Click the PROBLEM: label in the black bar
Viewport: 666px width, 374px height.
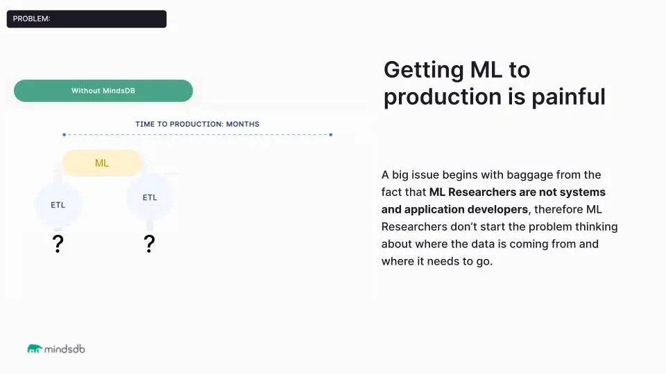(31, 19)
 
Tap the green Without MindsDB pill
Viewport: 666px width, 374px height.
(103, 91)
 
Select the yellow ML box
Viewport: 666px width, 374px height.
(102, 163)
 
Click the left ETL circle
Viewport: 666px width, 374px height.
(58, 205)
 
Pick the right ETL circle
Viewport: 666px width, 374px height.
(150, 197)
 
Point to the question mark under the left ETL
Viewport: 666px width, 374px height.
(58, 244)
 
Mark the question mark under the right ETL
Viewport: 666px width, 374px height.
(149, 244)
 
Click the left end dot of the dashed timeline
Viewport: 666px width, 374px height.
(64, 134)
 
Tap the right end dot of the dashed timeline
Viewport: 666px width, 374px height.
(331, 134)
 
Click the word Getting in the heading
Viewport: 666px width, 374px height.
(423, 70)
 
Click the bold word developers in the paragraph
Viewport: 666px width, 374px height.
(495, 209)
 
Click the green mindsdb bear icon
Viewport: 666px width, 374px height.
(35, 349)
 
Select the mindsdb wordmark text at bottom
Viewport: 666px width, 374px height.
(65, 349)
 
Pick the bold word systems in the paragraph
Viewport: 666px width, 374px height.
(582, 192)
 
